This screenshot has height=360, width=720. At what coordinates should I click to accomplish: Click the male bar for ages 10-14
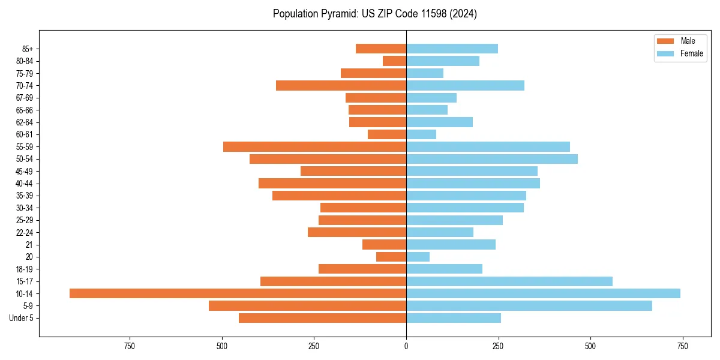[x=238, y=293]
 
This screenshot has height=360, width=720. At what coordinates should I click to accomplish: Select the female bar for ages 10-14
[x=543, y=293]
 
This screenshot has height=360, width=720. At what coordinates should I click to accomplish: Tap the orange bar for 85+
[x=381, y=49]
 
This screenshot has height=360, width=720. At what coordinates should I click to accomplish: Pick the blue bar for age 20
[x=418, y=257]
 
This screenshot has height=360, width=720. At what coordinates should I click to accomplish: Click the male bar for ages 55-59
[x=314, y=146]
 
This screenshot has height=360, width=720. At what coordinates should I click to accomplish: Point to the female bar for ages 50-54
[x=492, y=159]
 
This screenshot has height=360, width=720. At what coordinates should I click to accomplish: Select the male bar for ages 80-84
[x=394, y=61]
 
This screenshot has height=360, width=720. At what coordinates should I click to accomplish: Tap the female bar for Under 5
[x=454, y=318]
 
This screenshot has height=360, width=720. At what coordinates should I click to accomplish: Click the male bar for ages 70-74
[x=341, y=85]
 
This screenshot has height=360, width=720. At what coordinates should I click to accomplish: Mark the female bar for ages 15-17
[x=509, y=281]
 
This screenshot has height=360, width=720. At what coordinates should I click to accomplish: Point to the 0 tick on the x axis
[x=406, y=346]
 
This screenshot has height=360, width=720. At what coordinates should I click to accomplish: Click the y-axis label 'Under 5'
[x=22, y=318]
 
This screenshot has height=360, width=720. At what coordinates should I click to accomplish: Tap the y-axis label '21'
[x=29, y=245]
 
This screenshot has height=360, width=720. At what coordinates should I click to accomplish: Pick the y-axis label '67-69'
[x=25, y=98]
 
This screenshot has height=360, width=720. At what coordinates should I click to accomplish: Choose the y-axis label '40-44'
[x=25, y=184]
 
